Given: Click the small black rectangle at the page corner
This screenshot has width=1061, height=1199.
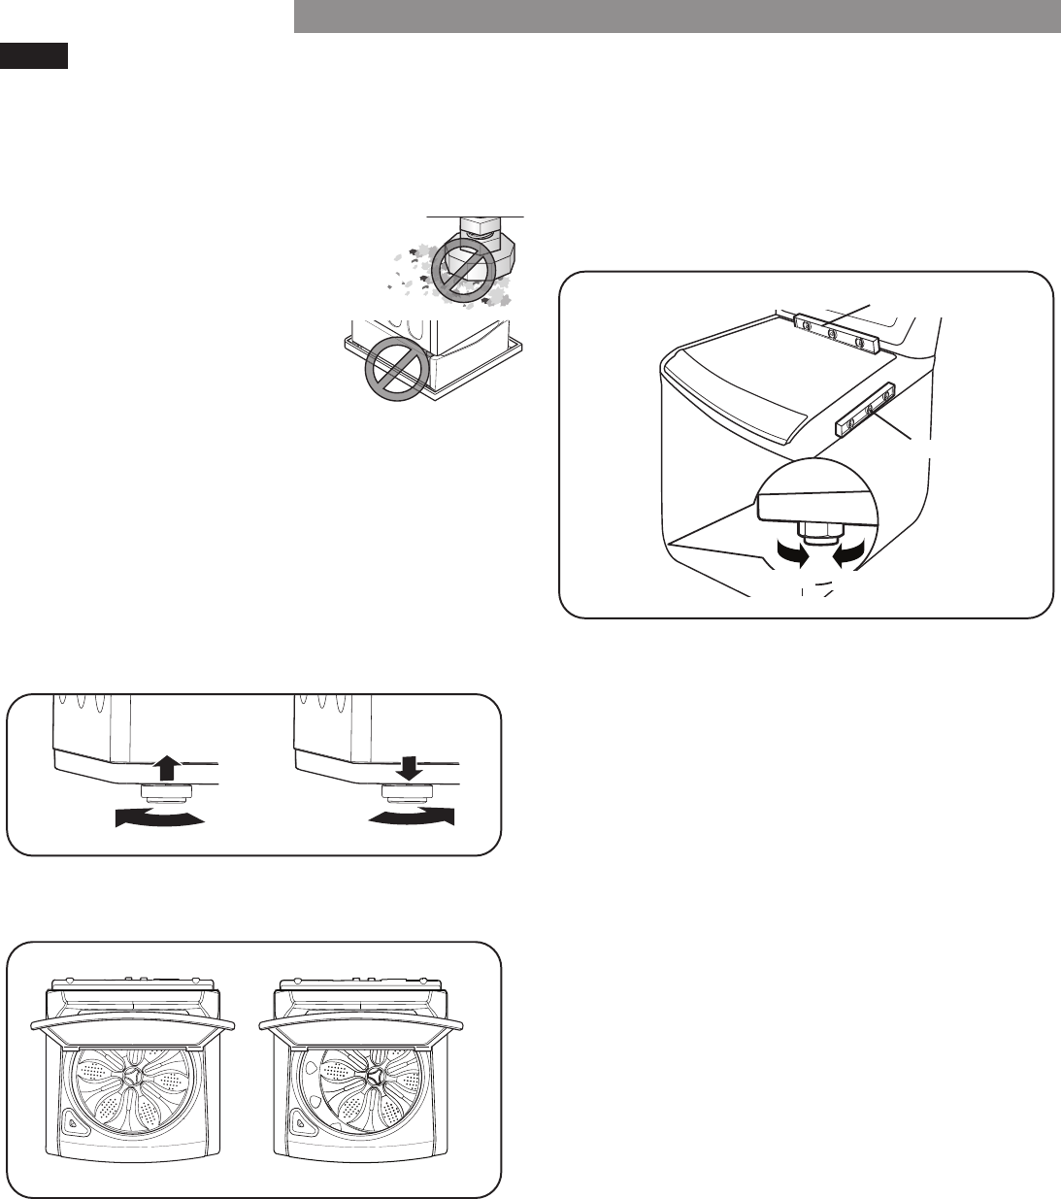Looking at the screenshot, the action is [34, 55].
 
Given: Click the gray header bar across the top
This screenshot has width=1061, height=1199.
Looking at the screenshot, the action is [677, 17].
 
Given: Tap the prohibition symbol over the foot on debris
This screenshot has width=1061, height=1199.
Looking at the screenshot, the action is [464, 264].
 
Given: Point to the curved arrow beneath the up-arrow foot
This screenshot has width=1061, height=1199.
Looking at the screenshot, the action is [160, 818].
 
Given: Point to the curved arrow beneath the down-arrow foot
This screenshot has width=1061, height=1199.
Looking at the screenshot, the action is [411, 817].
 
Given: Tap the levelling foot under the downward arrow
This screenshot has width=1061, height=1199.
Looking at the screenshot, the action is [410, 795].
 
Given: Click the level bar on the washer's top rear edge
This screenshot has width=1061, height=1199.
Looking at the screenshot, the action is [834, 332].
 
